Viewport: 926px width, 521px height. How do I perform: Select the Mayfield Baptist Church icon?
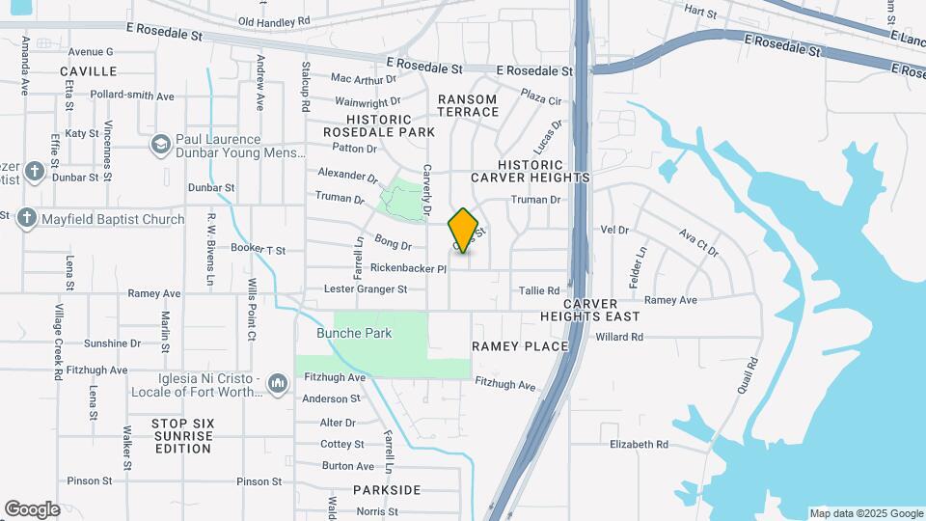(x=27, y=219)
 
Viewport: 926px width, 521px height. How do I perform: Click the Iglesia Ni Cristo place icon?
(x=279, y=384)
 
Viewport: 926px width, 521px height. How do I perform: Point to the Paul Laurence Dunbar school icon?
(x=161, y=146)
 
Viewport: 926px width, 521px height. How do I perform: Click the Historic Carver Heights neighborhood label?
(x=530, y=172)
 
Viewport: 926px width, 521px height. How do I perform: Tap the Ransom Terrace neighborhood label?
(x=468, y=105)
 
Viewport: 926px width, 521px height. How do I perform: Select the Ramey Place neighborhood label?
(x=520, y=345)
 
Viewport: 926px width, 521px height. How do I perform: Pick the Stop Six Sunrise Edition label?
(x=182, y=435)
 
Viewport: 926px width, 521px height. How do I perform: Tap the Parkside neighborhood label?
(x=387, y=490)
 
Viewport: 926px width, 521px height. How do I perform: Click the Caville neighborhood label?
(x=88, y=71)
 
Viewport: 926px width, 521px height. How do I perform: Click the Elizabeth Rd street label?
(x=639, y=445)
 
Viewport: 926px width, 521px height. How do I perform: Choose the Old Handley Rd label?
(x=274, y=20)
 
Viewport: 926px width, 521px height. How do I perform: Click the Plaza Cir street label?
(x=541, y=98)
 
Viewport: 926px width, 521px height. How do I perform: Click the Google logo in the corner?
(x=32, y=508)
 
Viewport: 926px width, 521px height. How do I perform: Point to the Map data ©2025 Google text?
(x=866, y=513)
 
